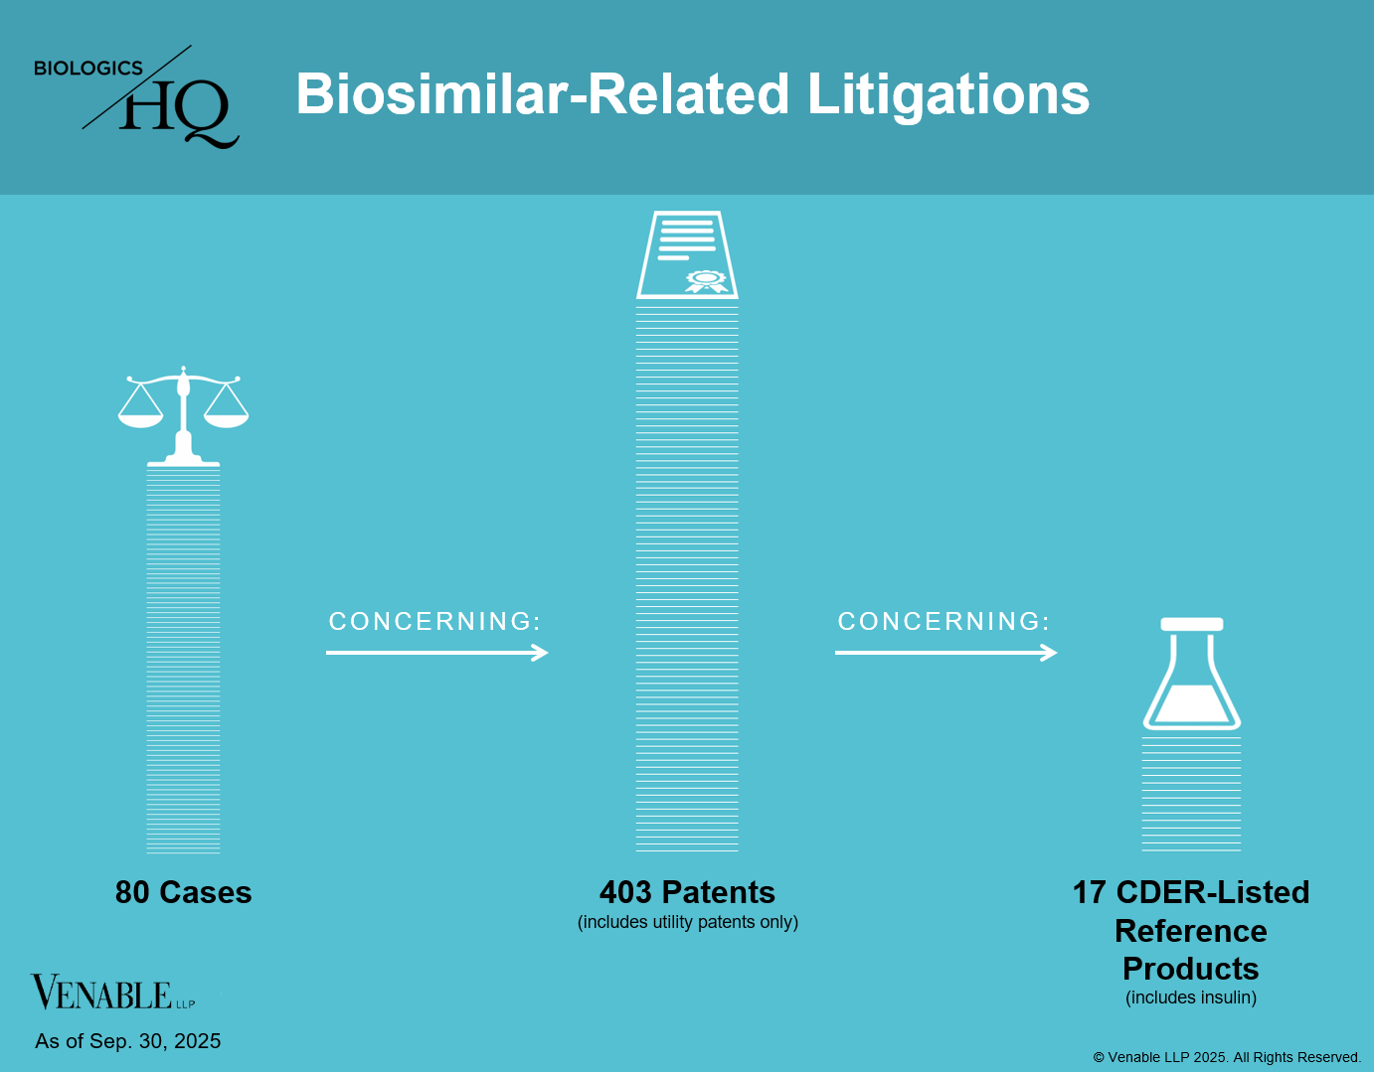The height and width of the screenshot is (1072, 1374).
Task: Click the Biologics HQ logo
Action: click(136, 96)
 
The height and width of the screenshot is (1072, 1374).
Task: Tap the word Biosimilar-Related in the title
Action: click(543, 93)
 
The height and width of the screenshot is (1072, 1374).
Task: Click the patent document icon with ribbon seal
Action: click(687, 254)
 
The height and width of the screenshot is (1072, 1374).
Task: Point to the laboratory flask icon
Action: click(1192, 674)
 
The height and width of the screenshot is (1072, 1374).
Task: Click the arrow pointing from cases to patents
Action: click(436, 653)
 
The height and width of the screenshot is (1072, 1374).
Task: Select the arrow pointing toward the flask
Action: click(945, 653)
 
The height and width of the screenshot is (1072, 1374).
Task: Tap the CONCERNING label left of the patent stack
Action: click(435, 622)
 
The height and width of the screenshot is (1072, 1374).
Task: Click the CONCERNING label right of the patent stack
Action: click(945, 622)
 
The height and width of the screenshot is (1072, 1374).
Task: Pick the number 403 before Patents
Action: click(625, 892)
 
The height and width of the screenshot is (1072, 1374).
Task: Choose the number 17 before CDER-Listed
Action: click(1090, 892)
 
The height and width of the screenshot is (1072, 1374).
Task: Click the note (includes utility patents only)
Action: click(688, 922)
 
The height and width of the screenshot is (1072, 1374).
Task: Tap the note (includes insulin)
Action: click(1191, 997)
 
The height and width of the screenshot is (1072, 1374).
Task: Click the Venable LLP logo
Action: click(113, 993)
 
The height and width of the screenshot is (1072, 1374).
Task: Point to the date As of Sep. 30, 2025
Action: click(127, 1041)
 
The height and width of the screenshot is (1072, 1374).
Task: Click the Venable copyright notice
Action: click(1227, 1057)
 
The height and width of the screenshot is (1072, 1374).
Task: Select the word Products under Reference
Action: click(1191, 969)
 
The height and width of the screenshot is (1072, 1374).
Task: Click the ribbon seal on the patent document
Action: click(706, 281)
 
